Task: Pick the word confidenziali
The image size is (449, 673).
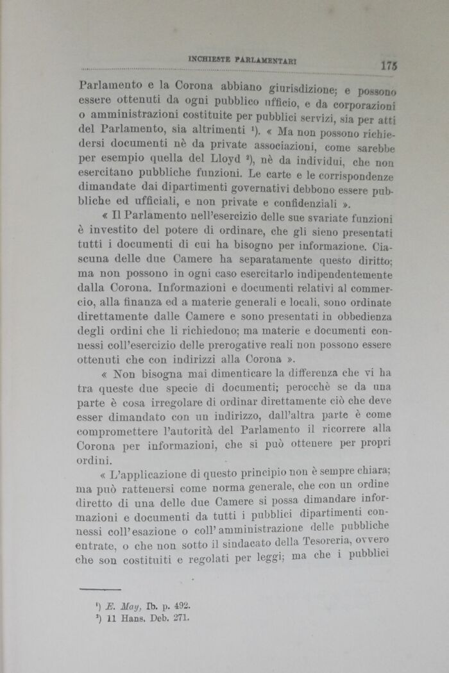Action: coord(307,204)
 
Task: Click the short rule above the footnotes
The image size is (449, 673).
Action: coord(102,587)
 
